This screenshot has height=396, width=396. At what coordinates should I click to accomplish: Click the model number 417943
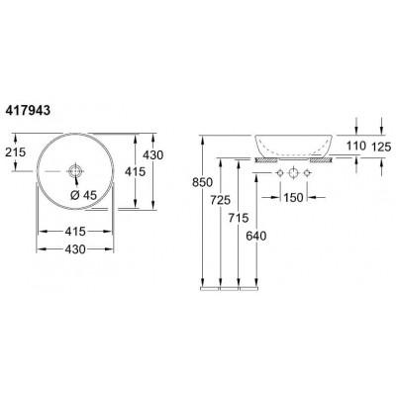click(28, 111)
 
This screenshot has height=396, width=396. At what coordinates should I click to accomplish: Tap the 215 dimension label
click(16, 152)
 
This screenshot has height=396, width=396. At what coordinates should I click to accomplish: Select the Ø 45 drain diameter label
click(83, 195)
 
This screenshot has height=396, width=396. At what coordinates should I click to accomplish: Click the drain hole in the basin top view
click(76, 171)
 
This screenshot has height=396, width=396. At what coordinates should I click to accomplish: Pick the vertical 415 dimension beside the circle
click(135, 171)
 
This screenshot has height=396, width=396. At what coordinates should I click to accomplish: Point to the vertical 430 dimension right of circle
click(153, 154)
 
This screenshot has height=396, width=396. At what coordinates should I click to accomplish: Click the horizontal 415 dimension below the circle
click(75, 232)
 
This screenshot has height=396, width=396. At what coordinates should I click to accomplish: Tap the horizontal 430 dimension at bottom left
click(75, 249)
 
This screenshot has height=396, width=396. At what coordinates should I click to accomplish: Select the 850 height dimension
click(202, 182)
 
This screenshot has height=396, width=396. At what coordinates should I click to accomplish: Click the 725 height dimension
click(220, 200)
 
